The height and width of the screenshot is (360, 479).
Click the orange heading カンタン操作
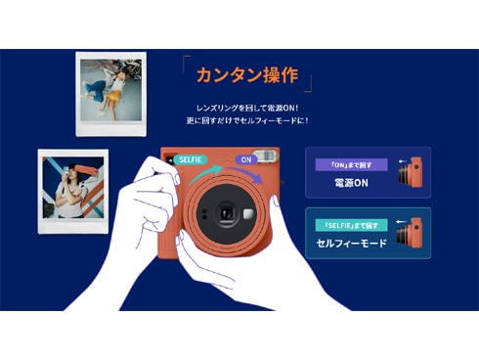point(246,76)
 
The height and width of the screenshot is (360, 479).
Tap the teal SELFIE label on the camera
point(190,158)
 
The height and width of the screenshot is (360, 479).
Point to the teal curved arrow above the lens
point(202,174)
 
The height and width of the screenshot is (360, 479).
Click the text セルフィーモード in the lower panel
point(351,243)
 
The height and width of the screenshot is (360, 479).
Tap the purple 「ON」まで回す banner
point(350,164)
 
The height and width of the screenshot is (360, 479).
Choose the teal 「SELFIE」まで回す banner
point(350,225)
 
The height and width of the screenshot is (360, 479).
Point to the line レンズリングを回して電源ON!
point(246,107)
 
